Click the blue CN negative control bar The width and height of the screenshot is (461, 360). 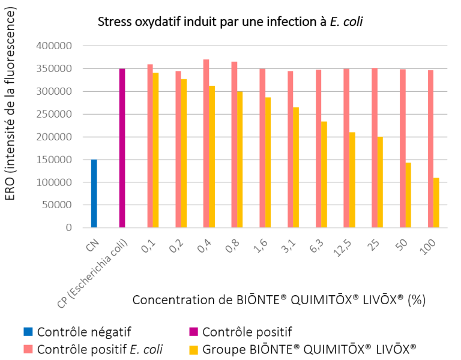coord(94,193)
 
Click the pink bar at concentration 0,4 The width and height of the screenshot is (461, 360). coord(206,143)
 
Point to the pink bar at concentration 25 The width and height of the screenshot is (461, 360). coord(375,148)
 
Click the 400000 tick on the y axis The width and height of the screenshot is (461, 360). coord(55,46)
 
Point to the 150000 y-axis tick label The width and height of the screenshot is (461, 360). coord(55,160)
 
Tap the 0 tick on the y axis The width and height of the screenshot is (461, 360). coord(68,228)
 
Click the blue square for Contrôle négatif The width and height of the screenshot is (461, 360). coord(28,331)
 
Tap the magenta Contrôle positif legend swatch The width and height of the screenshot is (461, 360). coord(193,331)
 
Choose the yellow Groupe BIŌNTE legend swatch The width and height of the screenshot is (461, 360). coord(193,349)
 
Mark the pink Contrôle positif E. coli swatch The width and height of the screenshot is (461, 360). coord(28,349)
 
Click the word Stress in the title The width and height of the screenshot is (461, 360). coord(113,22)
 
